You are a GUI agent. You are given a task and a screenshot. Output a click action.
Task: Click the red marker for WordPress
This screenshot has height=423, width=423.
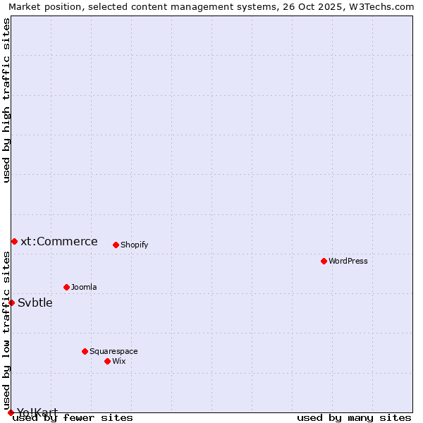pyautogui.click(x=324, y=261)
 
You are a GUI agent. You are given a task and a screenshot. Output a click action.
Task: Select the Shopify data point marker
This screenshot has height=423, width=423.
pyautogui.click(x=116, y=245)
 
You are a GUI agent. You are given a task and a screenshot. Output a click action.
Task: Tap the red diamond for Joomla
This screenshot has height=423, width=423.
pyautogui.click(x=66, y=287)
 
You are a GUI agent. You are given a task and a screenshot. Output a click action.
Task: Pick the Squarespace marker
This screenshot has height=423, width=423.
pyautogui.click(x=85, y=351)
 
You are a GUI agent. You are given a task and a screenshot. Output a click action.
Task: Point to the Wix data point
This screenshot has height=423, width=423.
pyautogui.click(x=107, y=361)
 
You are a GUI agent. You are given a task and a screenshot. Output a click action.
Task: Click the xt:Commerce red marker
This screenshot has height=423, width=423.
pyautogui.click(x=14, y=241)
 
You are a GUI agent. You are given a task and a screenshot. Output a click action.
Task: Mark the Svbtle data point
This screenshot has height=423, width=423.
pyautogui.click(x=11, y=302)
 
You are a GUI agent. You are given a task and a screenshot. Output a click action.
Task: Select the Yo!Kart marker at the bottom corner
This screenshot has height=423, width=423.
pyautogui.click(x=11, y=412)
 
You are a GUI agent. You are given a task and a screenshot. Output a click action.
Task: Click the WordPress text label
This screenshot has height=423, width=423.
pyautogui.click(x=348, y=261)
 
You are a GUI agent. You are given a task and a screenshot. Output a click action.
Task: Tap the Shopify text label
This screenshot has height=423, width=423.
pyautogui.click(x=134, y=245)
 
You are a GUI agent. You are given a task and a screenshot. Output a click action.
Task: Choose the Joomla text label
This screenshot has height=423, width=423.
pyautogui.click(x=84, y=287)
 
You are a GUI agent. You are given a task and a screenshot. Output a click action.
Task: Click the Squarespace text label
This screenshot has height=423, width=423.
pyautogui.click(x=114, y=351)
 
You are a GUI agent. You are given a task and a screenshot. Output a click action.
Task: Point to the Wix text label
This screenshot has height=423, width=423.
pyautogui.click(x=118, y=361)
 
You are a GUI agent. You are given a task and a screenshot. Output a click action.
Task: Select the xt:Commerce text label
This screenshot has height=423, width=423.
pyautogui.click(x=59, y=241)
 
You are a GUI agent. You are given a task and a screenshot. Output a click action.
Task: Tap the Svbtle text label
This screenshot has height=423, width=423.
pyautogui.click(x=35, y=302)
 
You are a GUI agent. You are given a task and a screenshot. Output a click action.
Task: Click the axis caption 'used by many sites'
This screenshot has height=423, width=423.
pyautogui.click(x=354, y=417)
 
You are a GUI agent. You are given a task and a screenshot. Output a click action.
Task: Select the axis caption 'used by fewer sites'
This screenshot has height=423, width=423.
pyautogui.click(x=73, y=417)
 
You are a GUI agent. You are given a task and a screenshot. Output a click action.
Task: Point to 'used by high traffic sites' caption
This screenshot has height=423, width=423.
pyautogui.click(x=7, y=100)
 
